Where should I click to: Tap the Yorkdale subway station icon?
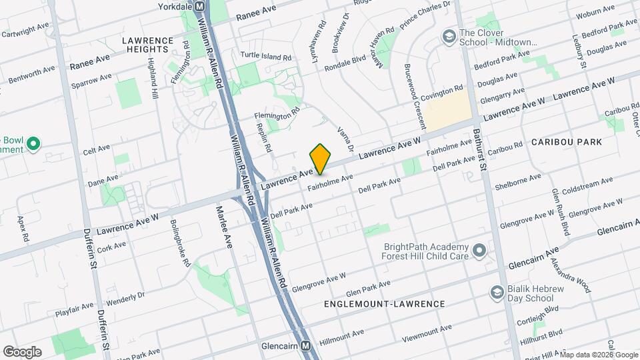pyautogui.click(x=199, y=6)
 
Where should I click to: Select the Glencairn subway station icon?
pyautogui.click(x=306, y=346)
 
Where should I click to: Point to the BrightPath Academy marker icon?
pyautogui.click(x=479, y=251)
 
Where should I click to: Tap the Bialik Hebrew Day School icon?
pyautogui.click(x=496, y=292)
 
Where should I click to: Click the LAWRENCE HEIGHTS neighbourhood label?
pyautogui.click(x=145, y=45)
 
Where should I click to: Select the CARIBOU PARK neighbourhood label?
pyautogui.click(x=567, y=142)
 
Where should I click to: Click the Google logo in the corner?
pyautogui.click(x=22, y=352)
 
